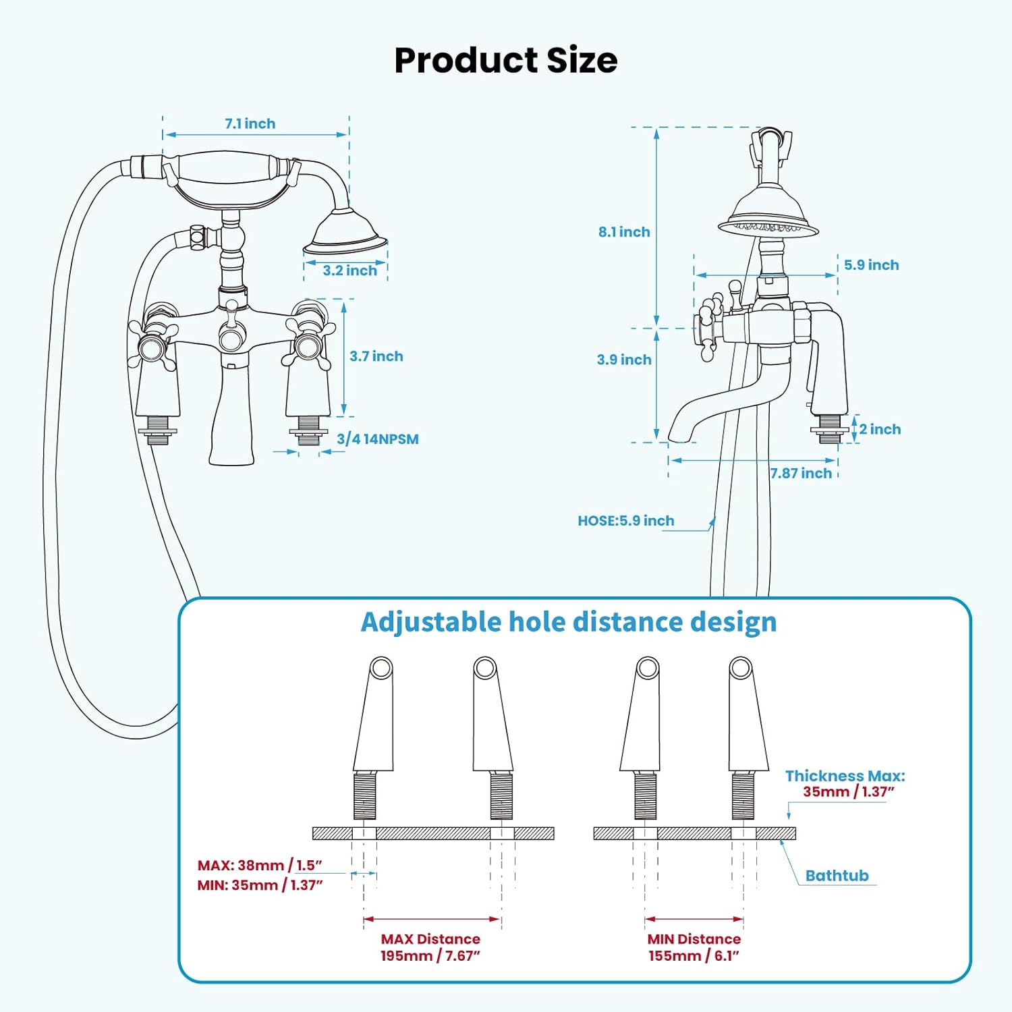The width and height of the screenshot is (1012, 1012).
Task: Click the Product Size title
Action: (x=505, y=60)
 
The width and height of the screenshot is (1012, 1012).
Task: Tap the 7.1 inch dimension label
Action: (x=250, y=123)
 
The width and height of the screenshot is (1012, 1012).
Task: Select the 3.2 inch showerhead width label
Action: (x=349, y=271)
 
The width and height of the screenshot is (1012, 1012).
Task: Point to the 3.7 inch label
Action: (x=376, y=356)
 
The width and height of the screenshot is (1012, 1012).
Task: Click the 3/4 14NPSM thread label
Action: (x=377, y=439)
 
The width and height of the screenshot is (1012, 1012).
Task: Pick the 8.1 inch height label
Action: (x=624, y=232)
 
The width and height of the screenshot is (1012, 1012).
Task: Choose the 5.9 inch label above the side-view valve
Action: (x=871, y=265)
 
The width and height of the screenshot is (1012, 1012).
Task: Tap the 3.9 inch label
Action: (x=624, y=360)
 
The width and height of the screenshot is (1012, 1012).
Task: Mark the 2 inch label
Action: (x=880, y=429)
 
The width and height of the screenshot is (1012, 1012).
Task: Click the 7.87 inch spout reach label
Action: (x=801, y=474)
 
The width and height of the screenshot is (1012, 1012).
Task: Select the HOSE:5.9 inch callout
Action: (x=625, y=521)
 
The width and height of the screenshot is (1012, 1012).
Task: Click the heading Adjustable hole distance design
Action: (x=569, y=622)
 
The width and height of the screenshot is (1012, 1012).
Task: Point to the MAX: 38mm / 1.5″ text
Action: (x=260, y=865)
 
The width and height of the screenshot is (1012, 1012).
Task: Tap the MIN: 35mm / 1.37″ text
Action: (x=260, y=885)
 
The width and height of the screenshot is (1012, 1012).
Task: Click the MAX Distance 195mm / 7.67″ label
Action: (x=430, y=947)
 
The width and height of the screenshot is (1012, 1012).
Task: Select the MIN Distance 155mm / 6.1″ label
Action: (x=694, y=947)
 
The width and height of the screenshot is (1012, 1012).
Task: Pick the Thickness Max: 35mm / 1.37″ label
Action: (x=845, y=784)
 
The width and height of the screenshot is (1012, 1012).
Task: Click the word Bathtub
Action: (x=837, y=876)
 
